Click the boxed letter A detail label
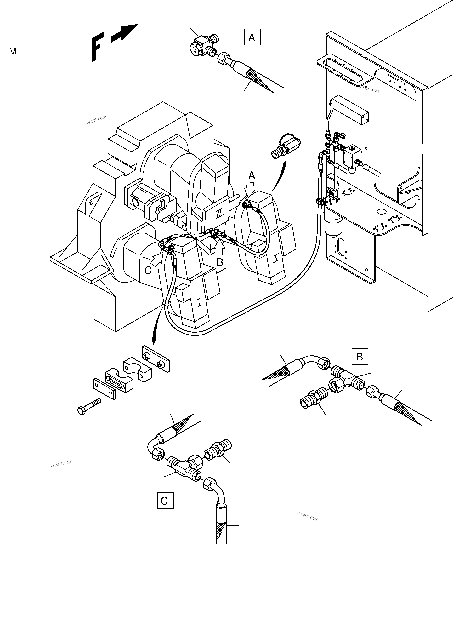pyautogui.click(x=252, y=37)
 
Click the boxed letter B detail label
pyautogui.click(x=360, y=357)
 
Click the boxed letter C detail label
pyautogui.click(x=165, y=500)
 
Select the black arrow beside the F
pyautogui.click(x=124, y=33)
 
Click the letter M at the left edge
pyautogui.click(x=13, y=52)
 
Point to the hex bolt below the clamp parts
pyautogui.click(x=89, y=406)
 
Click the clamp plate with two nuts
pyautogui.click(x=156, y=359)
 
